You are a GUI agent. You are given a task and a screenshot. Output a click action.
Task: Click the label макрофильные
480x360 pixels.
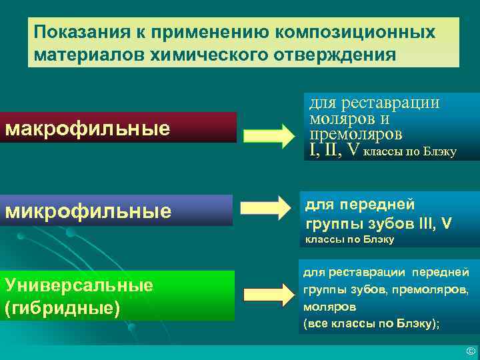point(87,128)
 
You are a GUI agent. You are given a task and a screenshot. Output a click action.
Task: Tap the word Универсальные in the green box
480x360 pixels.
point(79,285)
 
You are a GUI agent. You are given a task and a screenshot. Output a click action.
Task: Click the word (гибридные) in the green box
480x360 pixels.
point(62,308)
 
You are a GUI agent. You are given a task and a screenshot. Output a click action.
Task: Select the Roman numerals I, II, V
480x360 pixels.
point(333,151)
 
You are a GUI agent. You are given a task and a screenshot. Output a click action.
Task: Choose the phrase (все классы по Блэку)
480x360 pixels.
point(371,324)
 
